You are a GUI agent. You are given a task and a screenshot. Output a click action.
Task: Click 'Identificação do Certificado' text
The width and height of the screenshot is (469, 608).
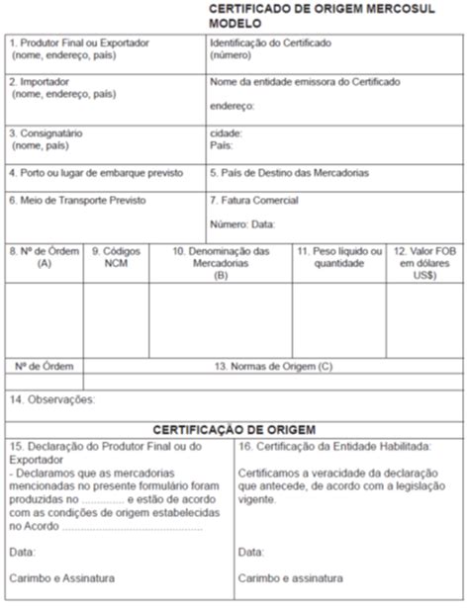(270, 43)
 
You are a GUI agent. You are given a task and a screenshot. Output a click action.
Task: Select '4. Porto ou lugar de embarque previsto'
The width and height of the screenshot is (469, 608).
(96, 172)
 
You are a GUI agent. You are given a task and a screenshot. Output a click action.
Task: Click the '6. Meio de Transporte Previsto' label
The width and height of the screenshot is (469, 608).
(76, 200)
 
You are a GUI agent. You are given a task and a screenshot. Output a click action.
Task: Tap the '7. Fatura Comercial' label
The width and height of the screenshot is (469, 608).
(253, 200)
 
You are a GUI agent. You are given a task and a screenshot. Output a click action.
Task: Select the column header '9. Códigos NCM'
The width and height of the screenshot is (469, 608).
(116, 257)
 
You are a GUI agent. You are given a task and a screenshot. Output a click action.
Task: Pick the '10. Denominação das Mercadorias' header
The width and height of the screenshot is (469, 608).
(221, 257)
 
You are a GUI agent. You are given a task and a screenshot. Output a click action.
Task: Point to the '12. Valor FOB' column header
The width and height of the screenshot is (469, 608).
(424, 257)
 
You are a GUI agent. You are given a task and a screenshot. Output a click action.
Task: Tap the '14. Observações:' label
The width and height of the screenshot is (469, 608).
(50, 399)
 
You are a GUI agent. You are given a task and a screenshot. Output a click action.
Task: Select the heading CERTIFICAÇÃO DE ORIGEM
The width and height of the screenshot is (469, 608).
(234, 429)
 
